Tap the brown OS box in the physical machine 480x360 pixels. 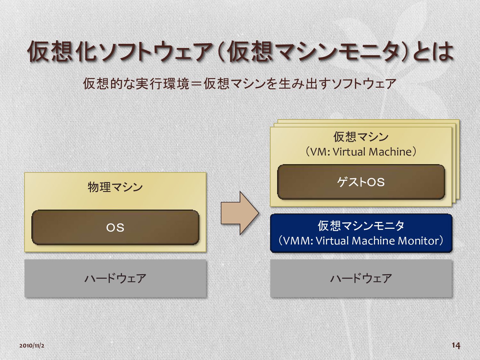point(115,228)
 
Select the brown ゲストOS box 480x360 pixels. point(361,182)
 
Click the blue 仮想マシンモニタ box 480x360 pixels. point(361,233)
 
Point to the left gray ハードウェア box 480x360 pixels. point(115,278)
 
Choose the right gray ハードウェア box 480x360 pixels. point(361,278)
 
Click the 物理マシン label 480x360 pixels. point(115,187)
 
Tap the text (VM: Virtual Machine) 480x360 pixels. point(361,152)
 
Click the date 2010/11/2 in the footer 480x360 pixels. point(32,346)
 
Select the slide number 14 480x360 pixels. point(456,345)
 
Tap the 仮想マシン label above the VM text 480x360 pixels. point(361,137)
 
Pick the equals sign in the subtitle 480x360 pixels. point(196,84)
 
